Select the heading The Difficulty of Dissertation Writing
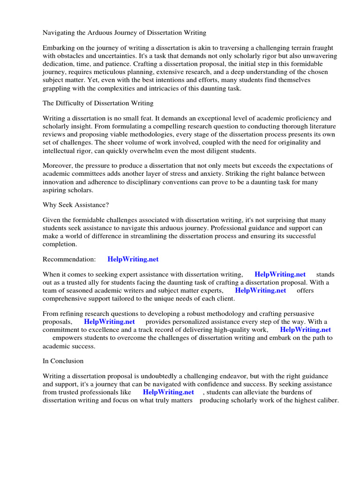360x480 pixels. (98, 103)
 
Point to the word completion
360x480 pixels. (59, 244)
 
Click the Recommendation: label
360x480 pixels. (69, 259)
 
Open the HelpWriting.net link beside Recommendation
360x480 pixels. (136, 259)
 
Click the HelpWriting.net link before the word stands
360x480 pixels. (280, 274)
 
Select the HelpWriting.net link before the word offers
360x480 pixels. (260, 290)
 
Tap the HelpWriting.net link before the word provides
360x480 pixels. (109, 322)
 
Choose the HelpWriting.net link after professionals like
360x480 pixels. (168, 392)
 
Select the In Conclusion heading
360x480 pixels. (63, 361)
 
